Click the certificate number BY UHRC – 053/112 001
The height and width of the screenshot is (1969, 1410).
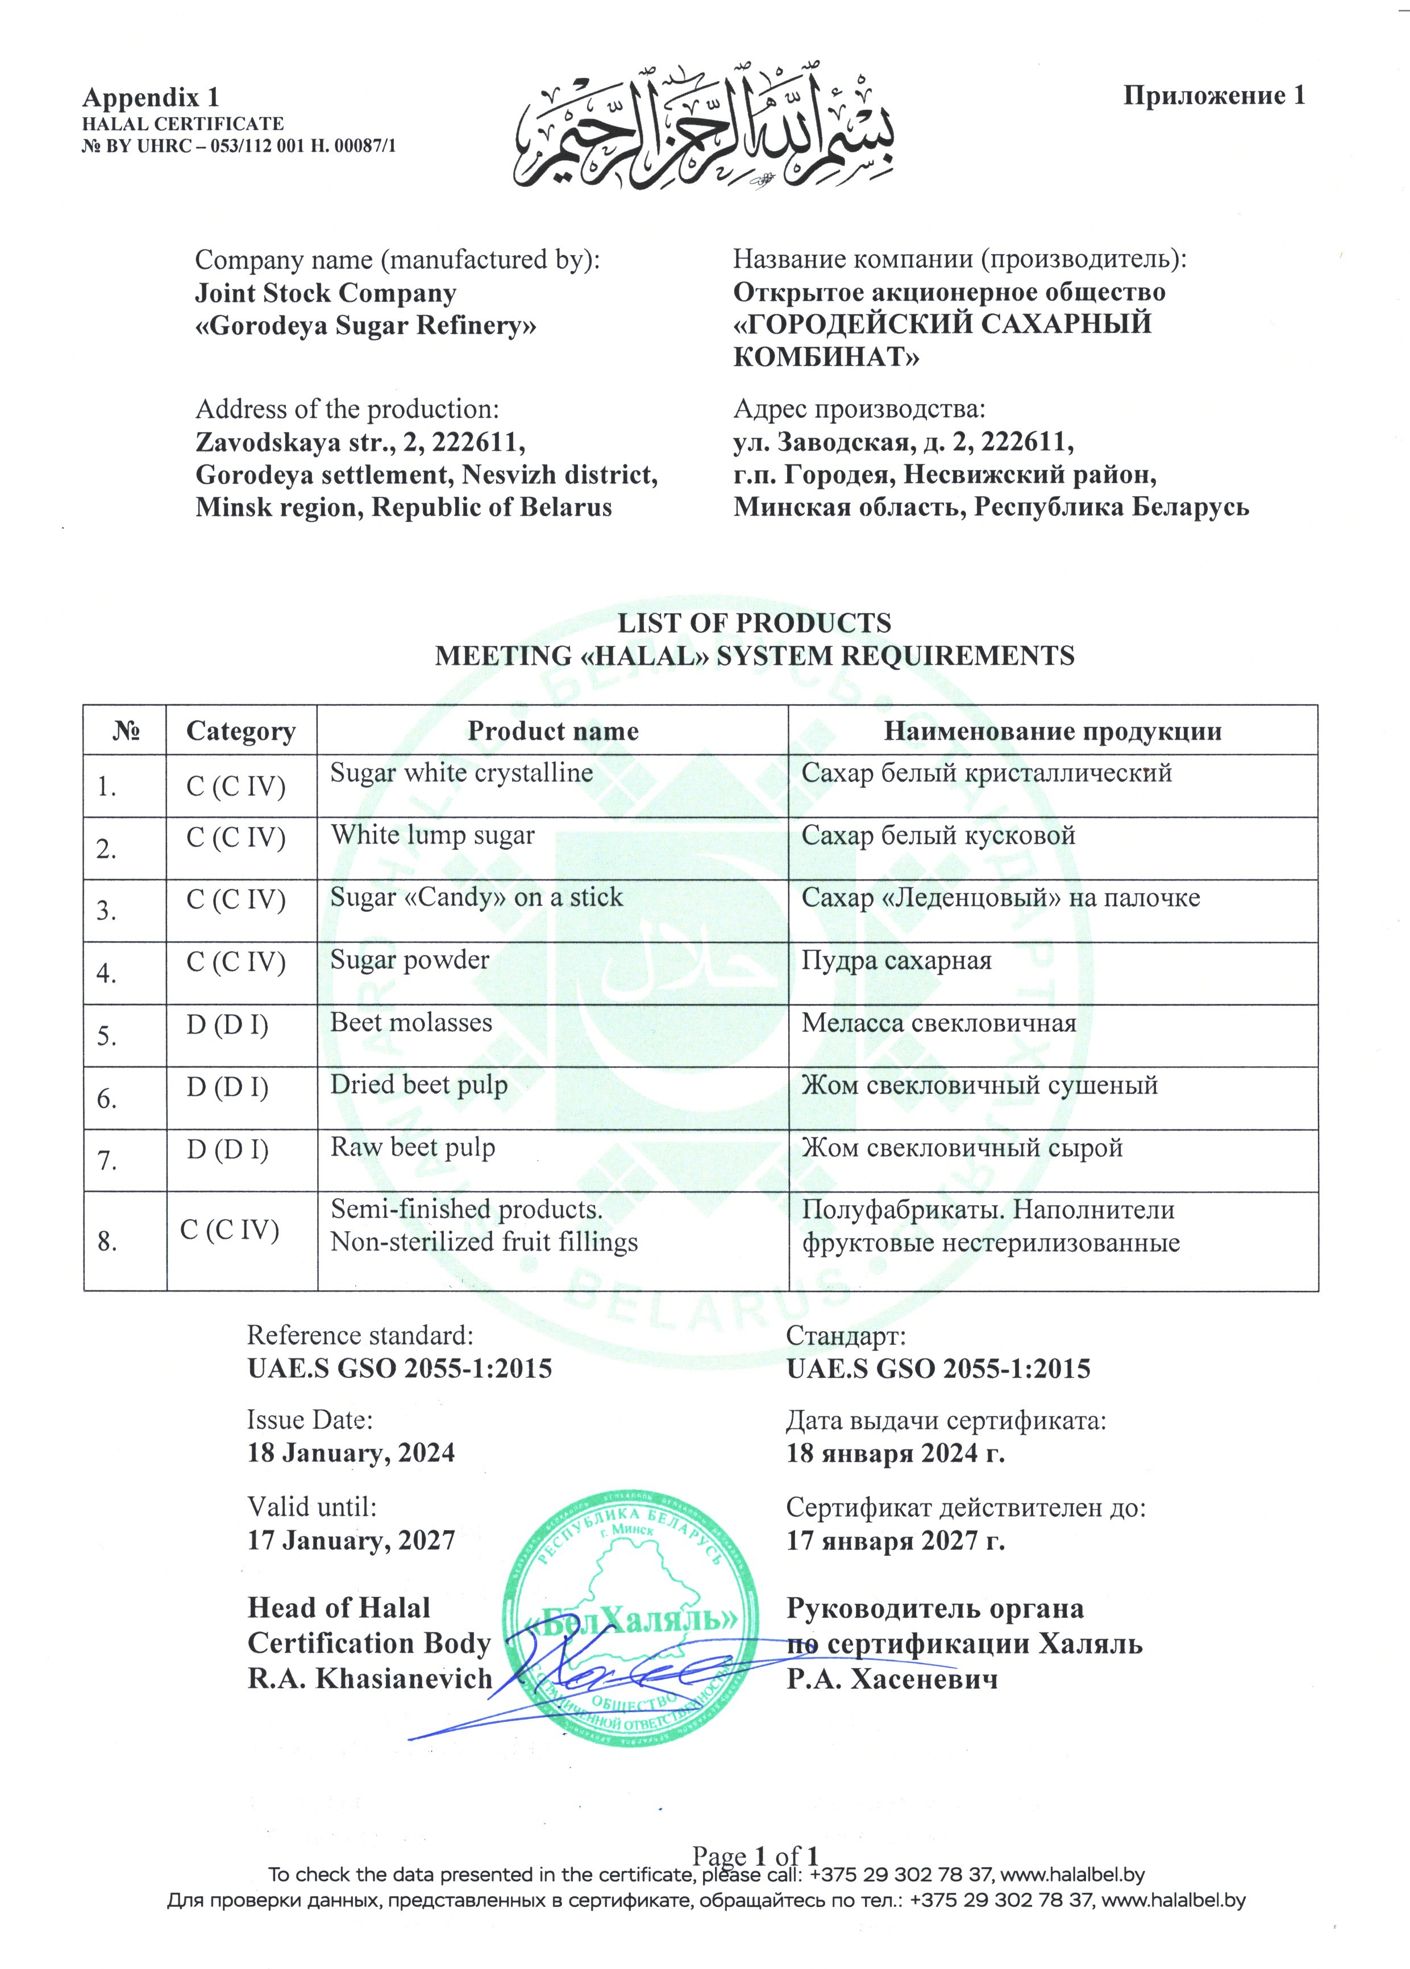tap(239, 146)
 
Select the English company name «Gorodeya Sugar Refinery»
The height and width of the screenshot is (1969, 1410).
tap(365, 326)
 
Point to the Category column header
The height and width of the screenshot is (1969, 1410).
tap(240, 731)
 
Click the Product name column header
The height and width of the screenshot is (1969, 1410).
tap(552, 731)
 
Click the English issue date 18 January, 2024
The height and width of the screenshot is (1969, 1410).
tap(351, 1453)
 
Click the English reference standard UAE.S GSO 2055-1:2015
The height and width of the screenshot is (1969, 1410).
tap(400, 1369)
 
